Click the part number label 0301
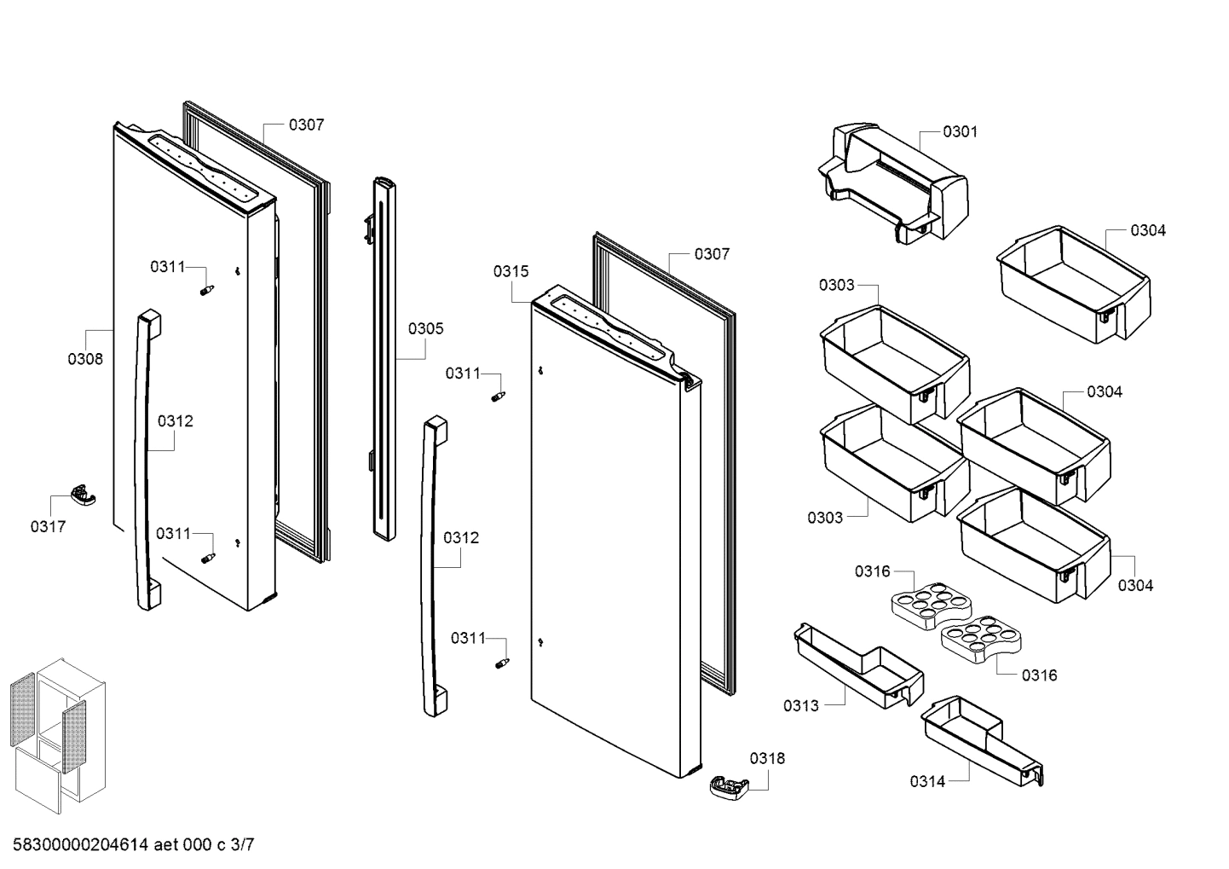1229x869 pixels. click(x=960, y=131)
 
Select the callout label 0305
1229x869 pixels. click(x=425, y=328)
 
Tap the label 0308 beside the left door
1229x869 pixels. click(x=85, y=359)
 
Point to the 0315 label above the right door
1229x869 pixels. click(x=511, y=271)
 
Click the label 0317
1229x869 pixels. click(x=48, y=526)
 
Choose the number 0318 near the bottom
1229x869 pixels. click(x=767, y=758)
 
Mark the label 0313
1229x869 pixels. click(x=800, y=705)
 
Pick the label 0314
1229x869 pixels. click(x=927, y=781)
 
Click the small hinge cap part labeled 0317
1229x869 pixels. click(x=83, y=495)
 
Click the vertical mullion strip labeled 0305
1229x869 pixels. click(x=383, y=358)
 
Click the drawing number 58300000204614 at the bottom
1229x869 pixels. click(x=77, y=845)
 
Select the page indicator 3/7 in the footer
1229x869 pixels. click(x=242, y=845)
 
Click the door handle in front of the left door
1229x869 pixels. click(x=146, y=461)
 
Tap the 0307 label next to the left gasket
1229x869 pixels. click(x=306, y=125)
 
